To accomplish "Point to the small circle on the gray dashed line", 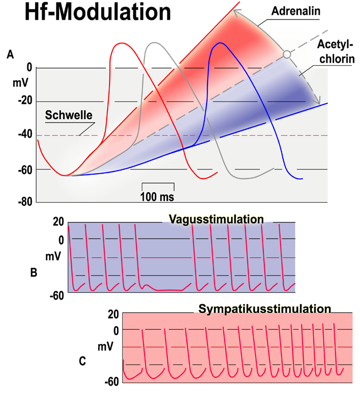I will (x=287, y=54).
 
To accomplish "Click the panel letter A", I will (x=10, y=54).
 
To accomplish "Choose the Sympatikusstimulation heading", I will (x=265, y=308).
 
